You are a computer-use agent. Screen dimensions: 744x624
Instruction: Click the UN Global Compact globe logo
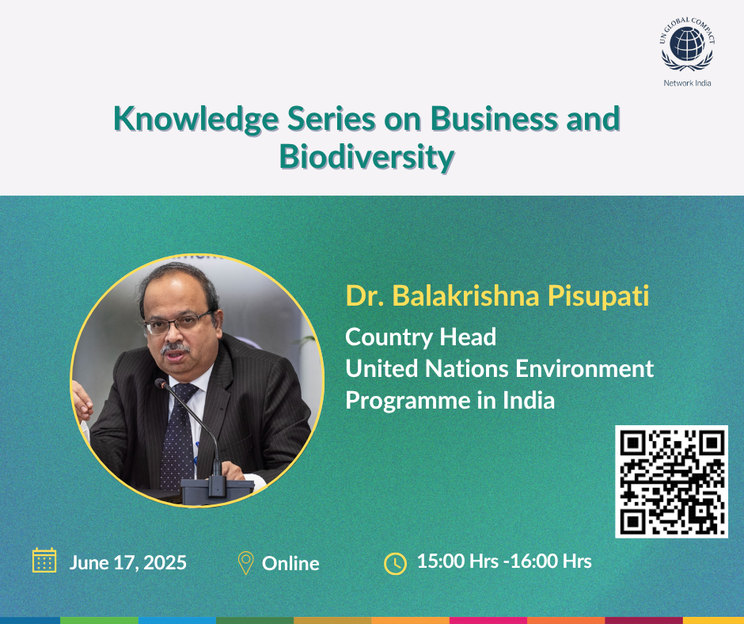(x=687, y=44)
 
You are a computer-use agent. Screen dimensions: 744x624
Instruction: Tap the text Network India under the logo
(x=687, y=83)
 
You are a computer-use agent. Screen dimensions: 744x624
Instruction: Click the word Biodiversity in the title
(x=366, y=157)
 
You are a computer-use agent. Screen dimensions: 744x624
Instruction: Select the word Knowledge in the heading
(x=196, y=119)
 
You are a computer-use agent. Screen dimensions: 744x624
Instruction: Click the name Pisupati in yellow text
(x=598, y=296)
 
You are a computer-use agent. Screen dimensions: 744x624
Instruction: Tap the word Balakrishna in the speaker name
(x=466, y=295)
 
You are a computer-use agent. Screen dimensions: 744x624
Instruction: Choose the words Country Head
(x=420, y=337)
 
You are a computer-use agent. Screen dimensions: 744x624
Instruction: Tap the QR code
(x=671, y=481)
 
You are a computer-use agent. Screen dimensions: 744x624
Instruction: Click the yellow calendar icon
(x=44, y=561)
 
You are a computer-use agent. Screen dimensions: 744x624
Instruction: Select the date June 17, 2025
(x=128, y=563)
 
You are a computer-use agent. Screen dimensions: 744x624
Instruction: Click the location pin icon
(x=246, y=563)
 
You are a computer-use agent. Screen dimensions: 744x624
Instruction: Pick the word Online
(x=290, y=564)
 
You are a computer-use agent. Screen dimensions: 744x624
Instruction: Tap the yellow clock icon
(x=395, y=564)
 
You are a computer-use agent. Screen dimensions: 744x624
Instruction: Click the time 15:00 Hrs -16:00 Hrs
(x=504, y=561)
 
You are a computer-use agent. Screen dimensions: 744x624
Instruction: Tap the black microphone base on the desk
(x=217, y=490)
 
